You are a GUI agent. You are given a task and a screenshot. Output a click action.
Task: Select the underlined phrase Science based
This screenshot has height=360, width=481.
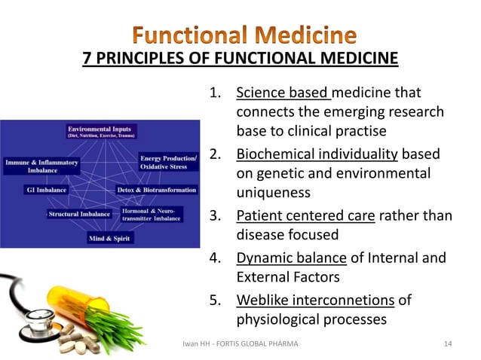283,94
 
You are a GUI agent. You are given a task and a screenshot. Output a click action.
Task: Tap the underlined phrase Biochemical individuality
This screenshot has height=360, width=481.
317,155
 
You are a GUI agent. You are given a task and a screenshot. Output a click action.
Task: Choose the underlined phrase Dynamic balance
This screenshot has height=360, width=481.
291,258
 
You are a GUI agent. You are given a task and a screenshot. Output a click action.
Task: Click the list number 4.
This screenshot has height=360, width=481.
215,258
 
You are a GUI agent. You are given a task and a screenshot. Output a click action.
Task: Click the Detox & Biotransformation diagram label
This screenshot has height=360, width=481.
157,190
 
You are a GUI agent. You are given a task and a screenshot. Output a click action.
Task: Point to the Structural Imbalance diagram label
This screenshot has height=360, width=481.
79,215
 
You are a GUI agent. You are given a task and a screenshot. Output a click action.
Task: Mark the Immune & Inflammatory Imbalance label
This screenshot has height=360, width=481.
36,166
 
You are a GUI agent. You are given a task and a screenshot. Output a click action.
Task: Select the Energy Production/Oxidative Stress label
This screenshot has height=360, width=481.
168,163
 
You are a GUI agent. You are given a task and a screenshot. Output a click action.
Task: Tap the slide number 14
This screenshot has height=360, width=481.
448,344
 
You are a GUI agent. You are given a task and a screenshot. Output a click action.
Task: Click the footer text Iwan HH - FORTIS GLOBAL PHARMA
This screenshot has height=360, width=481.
240,344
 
